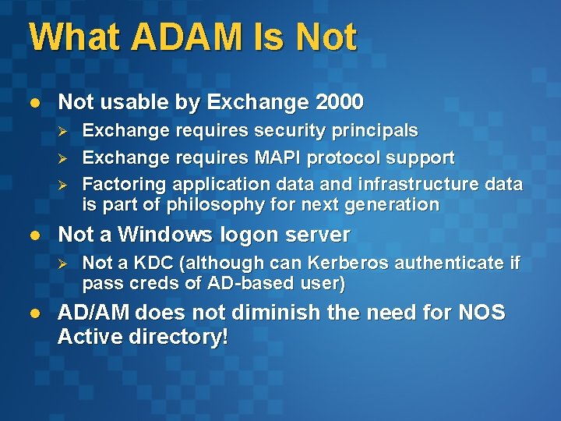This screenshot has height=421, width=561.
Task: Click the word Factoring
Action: pos(124,185)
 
